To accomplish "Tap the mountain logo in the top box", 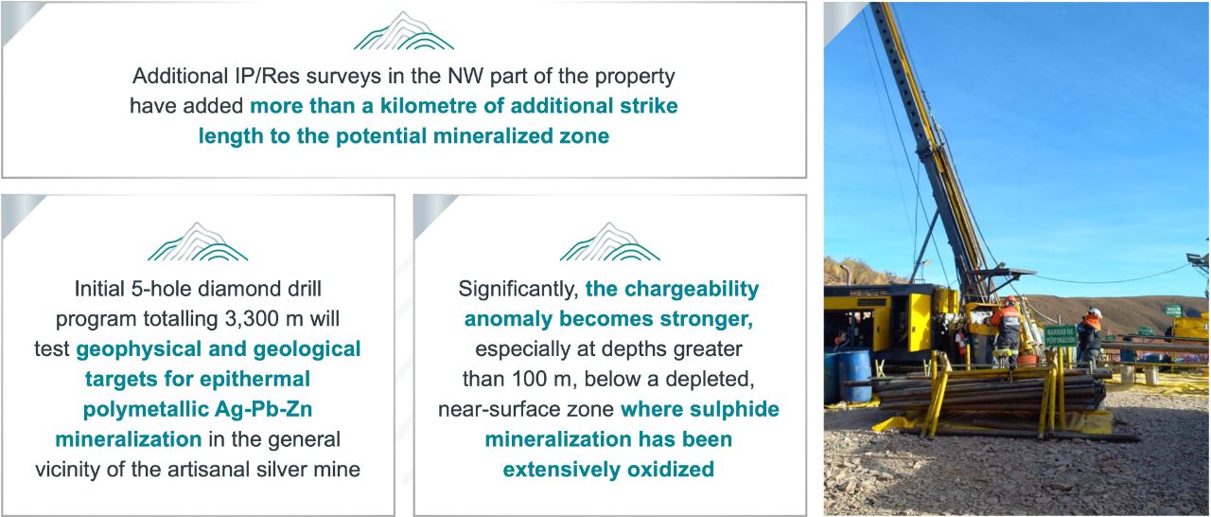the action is [403, 31].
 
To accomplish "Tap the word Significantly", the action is [518, 290].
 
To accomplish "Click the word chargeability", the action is [692, 290].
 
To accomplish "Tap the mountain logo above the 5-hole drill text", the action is [198, 241].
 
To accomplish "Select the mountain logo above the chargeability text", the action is [610, 241].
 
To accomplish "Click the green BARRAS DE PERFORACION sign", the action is [1061, 336].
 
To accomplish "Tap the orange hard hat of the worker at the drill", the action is [1009, 300].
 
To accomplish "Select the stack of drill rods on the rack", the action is [990, 390].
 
